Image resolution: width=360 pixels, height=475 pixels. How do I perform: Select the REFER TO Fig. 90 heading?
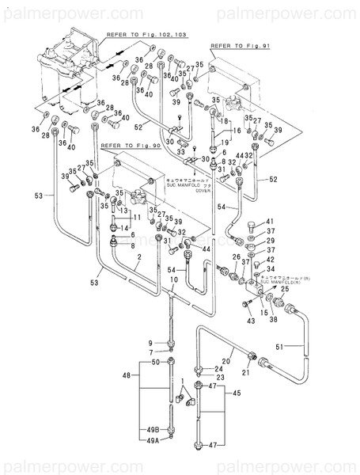131,146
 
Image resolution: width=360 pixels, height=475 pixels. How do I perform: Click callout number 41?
269,221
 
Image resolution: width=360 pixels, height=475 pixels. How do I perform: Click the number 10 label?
173,281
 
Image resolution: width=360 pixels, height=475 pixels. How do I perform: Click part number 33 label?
180,150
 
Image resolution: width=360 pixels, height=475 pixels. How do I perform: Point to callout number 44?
207,249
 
